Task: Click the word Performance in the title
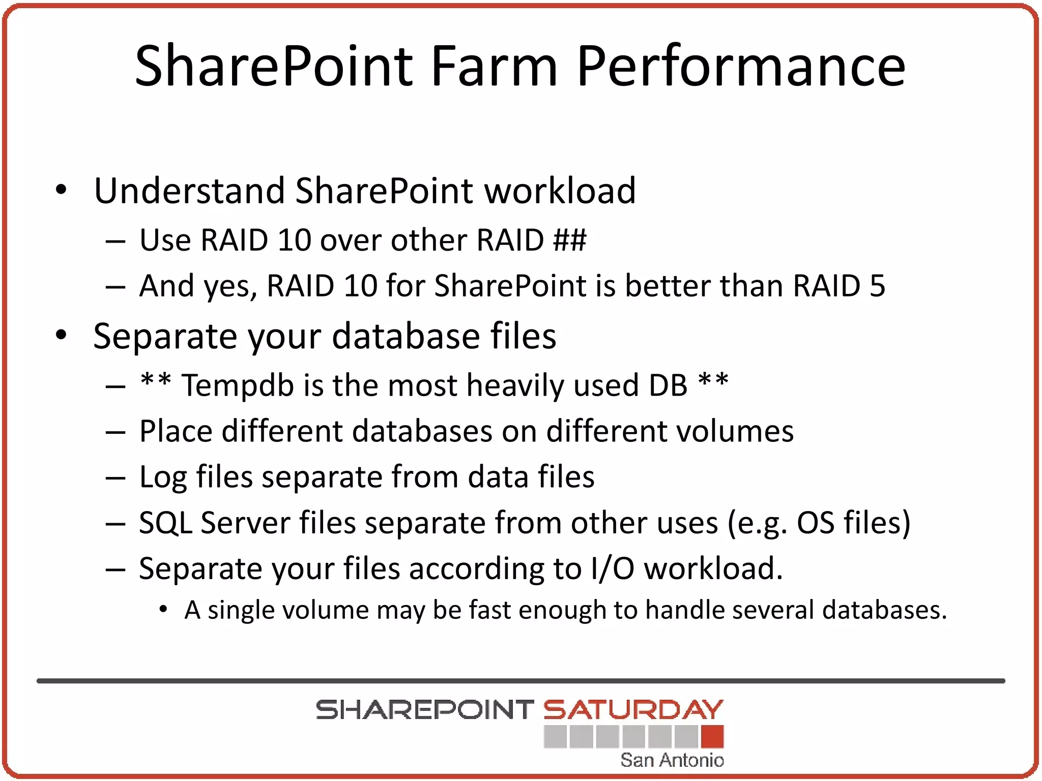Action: tap(741, 66)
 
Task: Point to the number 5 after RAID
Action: tap(877, 286)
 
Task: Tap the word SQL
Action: tap(166, 523)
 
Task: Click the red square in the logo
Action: tap(712, 737)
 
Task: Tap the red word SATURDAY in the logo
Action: tap(633, 710)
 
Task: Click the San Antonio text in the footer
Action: tap(672, 760)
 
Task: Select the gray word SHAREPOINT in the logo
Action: tap(424, 710)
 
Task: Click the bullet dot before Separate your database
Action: tap(61, 335)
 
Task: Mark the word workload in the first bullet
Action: tap(560, 191)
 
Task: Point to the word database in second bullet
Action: tap(406, 336)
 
